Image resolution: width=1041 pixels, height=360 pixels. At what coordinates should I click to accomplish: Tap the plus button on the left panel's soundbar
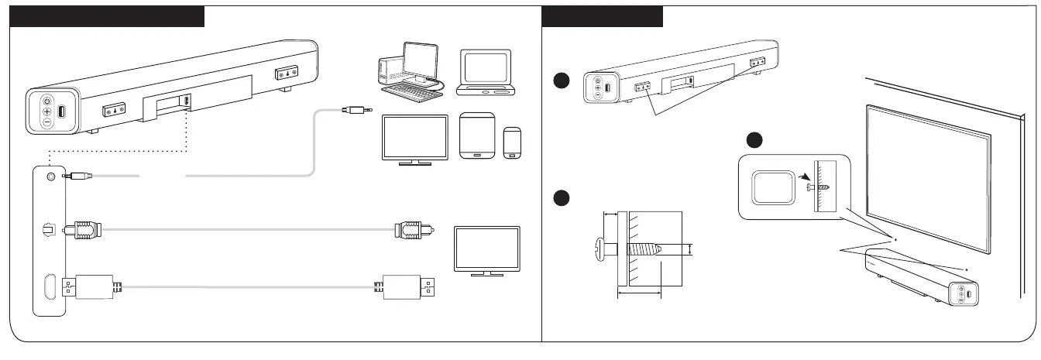(46, 111)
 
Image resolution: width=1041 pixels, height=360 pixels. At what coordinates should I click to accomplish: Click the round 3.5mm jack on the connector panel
(52, 177)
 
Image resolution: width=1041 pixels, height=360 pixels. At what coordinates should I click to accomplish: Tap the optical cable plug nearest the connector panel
(84, 229)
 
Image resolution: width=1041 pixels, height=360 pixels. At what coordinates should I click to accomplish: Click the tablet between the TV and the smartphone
(476, 137)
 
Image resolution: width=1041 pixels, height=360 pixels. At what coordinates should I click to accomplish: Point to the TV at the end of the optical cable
(486, 249)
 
